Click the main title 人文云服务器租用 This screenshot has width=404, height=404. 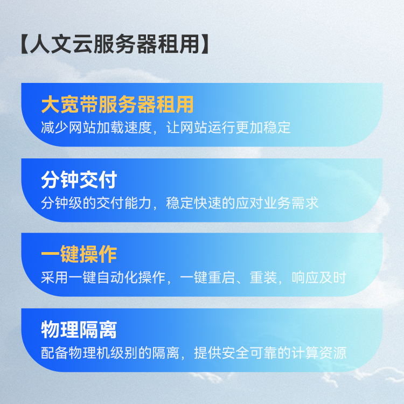click(115, 44)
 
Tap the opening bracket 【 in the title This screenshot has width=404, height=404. click(24, 44)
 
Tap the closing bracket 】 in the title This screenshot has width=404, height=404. click(205, 44)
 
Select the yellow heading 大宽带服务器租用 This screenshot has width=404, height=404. click(117, 105)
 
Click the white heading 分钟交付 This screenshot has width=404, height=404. click(79, 179)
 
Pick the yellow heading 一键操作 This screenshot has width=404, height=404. click(79, 254)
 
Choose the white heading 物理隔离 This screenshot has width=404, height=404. click(79, 330)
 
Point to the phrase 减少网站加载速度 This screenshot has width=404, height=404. click(96, 128)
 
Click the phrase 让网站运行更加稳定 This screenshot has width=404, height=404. click(228, 128)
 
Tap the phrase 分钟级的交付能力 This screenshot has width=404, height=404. click(96, 203)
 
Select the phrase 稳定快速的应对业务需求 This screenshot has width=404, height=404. click(242, 203)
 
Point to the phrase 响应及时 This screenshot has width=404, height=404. click(319, 278)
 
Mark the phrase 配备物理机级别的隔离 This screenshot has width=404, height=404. click(110, 353)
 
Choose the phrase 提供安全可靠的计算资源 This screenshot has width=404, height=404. click(270, 353)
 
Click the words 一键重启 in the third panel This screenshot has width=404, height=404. click(207, 278)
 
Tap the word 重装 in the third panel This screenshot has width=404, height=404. click(263, 278)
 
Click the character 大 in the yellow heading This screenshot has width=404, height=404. click(51, 105)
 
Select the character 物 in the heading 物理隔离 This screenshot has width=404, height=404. click(51, 330)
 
